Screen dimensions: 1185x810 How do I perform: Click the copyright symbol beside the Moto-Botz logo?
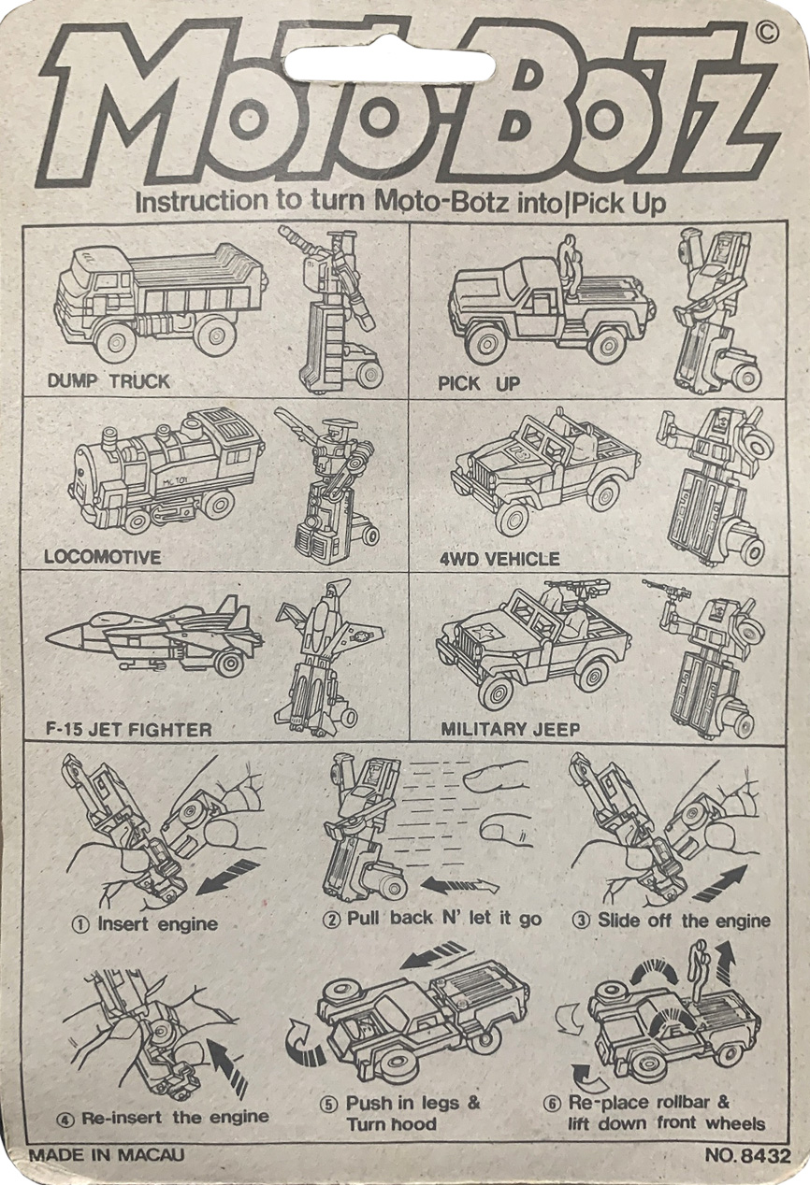[x=766, y=34]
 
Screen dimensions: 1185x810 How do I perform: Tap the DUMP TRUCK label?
[x=108, y=381]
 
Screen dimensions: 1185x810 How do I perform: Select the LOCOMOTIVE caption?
[x=103, y=557]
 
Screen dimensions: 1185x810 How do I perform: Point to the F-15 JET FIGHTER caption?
[x=129, y=729]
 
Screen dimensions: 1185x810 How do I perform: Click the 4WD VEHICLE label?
[x=499, y=559]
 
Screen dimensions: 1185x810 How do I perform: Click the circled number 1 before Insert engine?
[x=81, y=924]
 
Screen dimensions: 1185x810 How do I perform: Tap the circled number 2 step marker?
[x=332, y=920]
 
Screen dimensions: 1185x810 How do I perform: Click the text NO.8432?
[x=747, y=1155]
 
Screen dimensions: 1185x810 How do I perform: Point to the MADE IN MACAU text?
[x=106, y=1155]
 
